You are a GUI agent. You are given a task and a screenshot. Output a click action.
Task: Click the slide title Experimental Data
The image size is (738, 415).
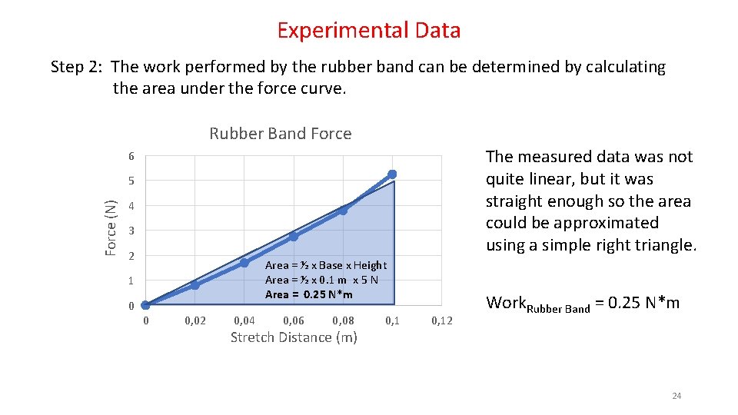369,31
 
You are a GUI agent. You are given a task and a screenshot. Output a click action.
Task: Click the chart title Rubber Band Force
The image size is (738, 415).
280,134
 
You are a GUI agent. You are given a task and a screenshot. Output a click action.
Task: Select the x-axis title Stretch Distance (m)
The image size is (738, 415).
294,337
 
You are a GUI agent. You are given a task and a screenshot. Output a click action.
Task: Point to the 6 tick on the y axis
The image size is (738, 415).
131,157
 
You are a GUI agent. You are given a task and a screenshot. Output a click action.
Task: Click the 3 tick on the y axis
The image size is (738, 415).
131,231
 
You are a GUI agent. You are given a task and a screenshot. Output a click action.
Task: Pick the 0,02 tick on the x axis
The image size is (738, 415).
195,320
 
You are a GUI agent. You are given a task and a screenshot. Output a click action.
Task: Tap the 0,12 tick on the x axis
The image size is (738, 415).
442,320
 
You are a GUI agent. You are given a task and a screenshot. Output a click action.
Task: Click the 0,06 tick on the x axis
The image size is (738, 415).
294,320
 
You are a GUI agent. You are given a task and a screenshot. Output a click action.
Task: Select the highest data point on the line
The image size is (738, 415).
392,174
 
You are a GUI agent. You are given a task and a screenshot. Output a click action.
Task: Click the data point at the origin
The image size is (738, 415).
145,305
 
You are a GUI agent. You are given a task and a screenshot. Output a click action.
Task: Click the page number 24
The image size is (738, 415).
676,396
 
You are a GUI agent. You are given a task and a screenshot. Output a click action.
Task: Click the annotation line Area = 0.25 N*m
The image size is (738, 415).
309,294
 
